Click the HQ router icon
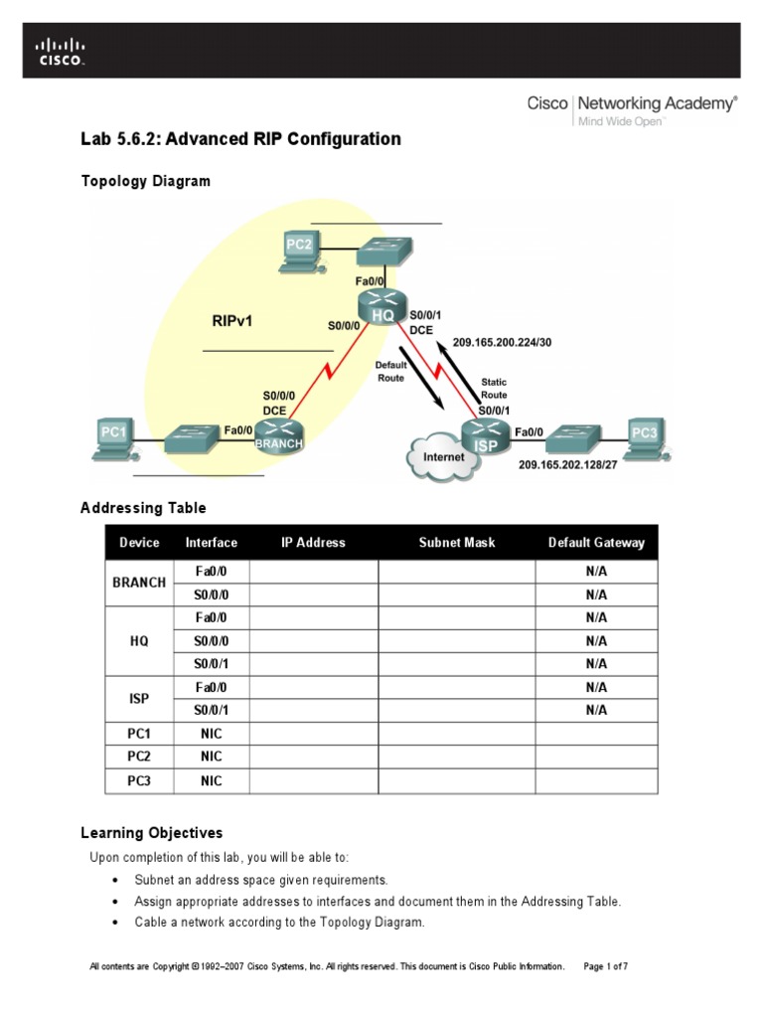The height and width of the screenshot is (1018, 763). [x=382, y=307]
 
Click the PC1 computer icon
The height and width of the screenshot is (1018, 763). [x=114, y=437]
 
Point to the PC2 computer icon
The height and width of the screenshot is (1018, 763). [x=298, y=251]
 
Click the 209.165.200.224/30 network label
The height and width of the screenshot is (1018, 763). [x=502, y=342]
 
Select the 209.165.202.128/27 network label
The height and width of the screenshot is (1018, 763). [x=560, y=464]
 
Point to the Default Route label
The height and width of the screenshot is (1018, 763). [x=390, y=372]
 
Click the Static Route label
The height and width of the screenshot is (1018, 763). [x=494, y=388]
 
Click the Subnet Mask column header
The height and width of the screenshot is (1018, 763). [x=456, y=543]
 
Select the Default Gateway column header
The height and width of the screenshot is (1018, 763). [x=596, y=543]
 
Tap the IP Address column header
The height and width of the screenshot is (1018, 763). [x=313, y=543]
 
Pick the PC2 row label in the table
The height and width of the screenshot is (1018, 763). [x=139, y=758]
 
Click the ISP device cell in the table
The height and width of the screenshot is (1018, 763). [x=139, y=699]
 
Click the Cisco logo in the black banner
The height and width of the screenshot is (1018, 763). [x=61, y=52]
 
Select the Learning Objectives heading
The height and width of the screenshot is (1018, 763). [x=151, y=833]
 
